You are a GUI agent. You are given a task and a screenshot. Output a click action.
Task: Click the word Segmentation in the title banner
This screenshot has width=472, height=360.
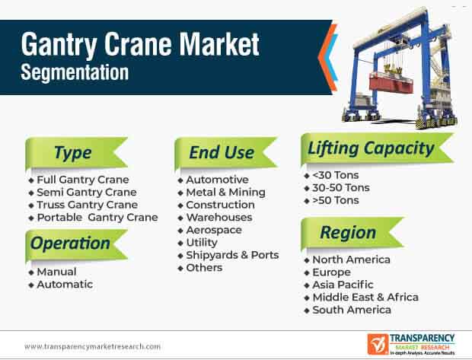click(x=75, y=72)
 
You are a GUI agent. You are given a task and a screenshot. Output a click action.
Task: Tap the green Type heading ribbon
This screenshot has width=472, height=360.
click(x=76, y=153)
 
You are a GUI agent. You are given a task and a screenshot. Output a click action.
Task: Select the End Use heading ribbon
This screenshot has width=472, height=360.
click(x=225, y=153)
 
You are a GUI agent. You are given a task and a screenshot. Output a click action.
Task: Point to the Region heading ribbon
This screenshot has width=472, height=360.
click(x=352, y=233)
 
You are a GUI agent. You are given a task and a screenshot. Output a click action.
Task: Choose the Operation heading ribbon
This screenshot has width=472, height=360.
click(x=76, y=244)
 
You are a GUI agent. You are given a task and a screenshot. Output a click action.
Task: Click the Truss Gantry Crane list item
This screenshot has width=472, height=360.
click(x=88, y=205)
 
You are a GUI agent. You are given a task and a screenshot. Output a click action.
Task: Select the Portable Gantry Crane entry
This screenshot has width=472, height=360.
click(x=97, y=218)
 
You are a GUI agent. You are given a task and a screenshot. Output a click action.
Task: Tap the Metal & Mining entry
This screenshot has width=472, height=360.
click(x=226, y=192)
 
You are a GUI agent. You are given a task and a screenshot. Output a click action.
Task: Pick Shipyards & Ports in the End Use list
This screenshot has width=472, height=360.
click(x=232, y=255)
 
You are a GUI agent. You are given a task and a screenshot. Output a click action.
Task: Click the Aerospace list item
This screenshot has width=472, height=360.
click(x=214, y=230)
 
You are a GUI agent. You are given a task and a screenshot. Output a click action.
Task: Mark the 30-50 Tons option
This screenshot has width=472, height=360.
click(x=341, y=188)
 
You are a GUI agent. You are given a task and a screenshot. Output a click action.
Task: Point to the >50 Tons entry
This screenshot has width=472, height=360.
click(x=336, y=200)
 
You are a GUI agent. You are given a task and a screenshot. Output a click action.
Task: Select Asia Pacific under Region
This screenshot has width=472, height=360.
click(x=343, y=285)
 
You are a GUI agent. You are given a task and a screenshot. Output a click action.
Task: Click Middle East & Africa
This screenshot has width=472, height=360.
click(x=365, y=297)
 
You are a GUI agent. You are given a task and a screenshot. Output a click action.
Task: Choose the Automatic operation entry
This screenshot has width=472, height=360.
click(x=65, y=285)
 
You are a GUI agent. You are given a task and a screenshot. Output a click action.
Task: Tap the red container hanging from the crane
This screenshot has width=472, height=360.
click(x=391, y=82)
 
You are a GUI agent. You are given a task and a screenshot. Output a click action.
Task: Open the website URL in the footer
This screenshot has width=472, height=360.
click(x=92, y=346)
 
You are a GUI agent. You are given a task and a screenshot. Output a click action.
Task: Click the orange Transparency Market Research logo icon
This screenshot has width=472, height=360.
click(x=378, y=344)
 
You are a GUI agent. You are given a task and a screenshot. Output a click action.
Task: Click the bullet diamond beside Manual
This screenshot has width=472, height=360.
click(x=31, y=272)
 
